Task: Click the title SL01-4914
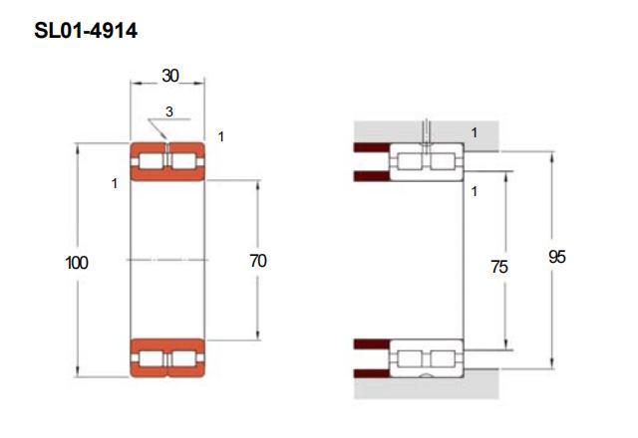click(x=86, y=31)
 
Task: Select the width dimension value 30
click(x=170, y=76)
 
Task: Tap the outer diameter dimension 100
click(x=77, y=263)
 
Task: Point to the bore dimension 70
click(x=258, y=261)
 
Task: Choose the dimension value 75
click(x=499, y=267)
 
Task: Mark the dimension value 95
click(x=557, y=257)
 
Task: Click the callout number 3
click(x=169, y=111)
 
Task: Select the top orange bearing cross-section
click(x=167, y=161)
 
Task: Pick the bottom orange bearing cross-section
click(x=167, y=358)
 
